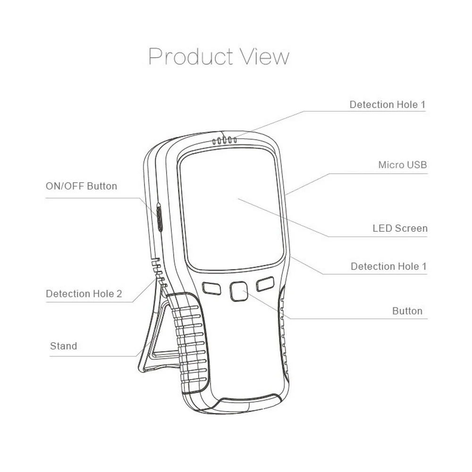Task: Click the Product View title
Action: (x=219, y=57)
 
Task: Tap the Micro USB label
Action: (x=402, y=165)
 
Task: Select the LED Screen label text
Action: (x=400, y=228)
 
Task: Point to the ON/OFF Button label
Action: (x=81, y=186)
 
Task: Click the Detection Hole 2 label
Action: (x=84, y=294)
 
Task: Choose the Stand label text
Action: (x=63, y=346)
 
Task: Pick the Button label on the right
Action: (x=407, y=311)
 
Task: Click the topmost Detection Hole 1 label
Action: (x=384, y=104)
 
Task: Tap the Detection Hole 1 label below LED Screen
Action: (x=388, y=266)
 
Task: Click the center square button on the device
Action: (x=239, y=292)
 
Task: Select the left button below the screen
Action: (x=211, y=288)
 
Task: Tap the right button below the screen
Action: (x=265, y=284)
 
